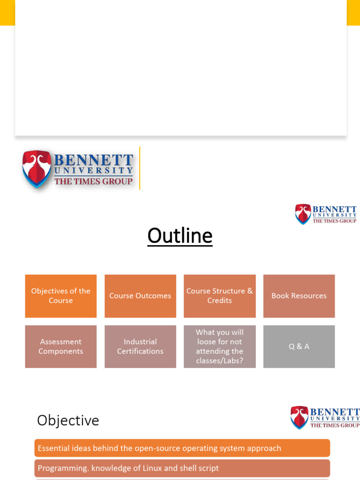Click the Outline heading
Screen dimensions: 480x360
[180, 236]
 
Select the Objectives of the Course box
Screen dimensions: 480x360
[61, 296]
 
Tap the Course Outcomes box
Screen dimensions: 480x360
[140, 296]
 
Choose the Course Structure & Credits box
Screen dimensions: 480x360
[219, 296]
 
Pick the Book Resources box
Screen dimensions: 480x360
[299, 296]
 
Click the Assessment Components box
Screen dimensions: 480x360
[61, 346]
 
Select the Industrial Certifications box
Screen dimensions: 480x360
[140, 346]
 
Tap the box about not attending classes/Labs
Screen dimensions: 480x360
[219, 346]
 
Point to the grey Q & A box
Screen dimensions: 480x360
[299, 346]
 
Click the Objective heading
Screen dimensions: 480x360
[68, 420]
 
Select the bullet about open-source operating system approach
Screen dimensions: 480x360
[182, 448]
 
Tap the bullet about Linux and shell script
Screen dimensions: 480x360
[182, 468]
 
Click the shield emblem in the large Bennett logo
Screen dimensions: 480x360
[37, 169]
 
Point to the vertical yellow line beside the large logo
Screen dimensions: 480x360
[140, 168]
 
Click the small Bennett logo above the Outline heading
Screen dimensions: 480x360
[325, 214]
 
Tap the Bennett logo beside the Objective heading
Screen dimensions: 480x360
[325, 417]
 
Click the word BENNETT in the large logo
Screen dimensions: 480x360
[94, 159]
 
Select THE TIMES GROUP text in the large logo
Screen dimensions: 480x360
[93, 181]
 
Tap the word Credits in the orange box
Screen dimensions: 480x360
[219, 300]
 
